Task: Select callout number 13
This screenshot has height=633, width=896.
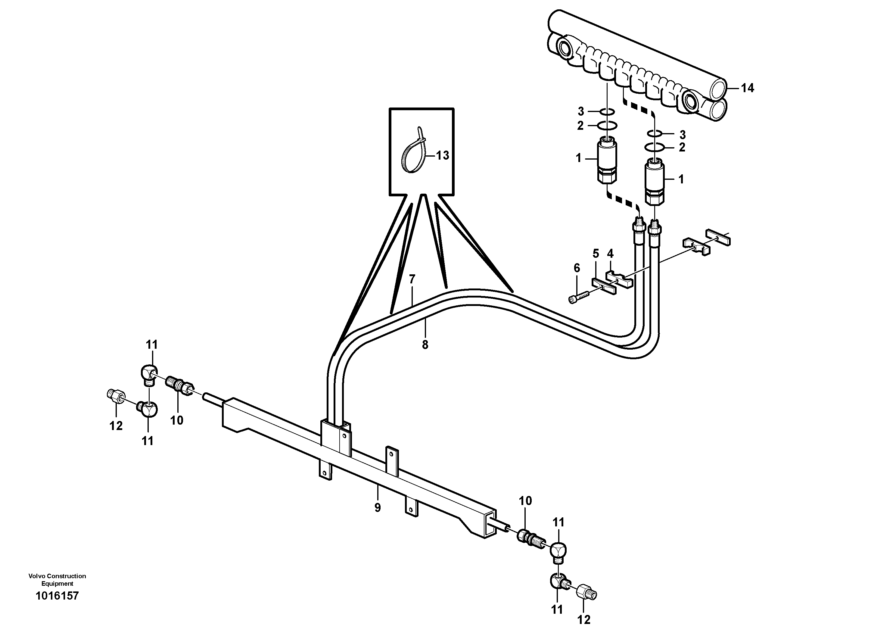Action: (442, 155)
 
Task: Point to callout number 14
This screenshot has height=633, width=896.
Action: (747, 88)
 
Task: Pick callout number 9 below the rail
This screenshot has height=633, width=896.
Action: (377, 507)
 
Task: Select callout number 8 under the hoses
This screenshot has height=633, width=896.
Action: (425, 344)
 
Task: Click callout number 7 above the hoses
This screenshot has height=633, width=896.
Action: (412, 279)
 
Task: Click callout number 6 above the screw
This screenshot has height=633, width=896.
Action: (577, 268)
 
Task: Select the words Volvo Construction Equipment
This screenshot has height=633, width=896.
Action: (57, 579)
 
